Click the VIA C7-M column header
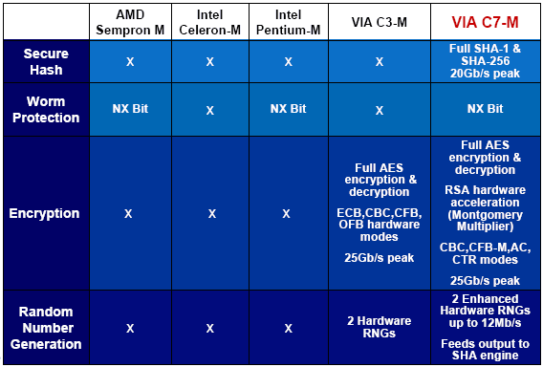pyautogui.click(x=485, y=22)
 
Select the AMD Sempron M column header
pyautogui.click(x=130, y=22)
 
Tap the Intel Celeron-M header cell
pyautogui.click(x=210, y=22)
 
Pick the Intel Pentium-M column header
pyautogui.click(x=288, y=22)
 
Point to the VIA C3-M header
pyautogui.click(x=380, y=22)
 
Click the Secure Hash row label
pyautogui.click(x=46, y=61)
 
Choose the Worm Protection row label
pyautogui.click(x=46, y=109)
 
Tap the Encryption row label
pyautogui.click(x=44, y=213)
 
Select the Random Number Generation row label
pyautogui.click(x=46, y=328)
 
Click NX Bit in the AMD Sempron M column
pyautogui.click(x=130, y=109)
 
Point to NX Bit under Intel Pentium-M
pyautogui.click(x=288, y=109)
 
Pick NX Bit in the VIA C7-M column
pyautogui.click(x=485, y=109)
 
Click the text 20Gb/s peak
pyautogui.click(x=485, y=74)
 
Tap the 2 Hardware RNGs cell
pyautogui.click(x=380, y=327)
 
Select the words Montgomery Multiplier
pyautogui.click(x=485, y=221)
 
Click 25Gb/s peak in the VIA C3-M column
pyautogui.click(x=380, y=258)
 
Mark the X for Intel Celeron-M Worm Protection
pyautogui.click(x=210, y=111)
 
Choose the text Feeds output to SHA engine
pyautogui.click(x=485, y=350)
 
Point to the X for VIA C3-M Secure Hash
pyautogui.click(x=380, y=62)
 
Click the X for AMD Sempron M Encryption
pyautogui.click(x=128, y=214)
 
